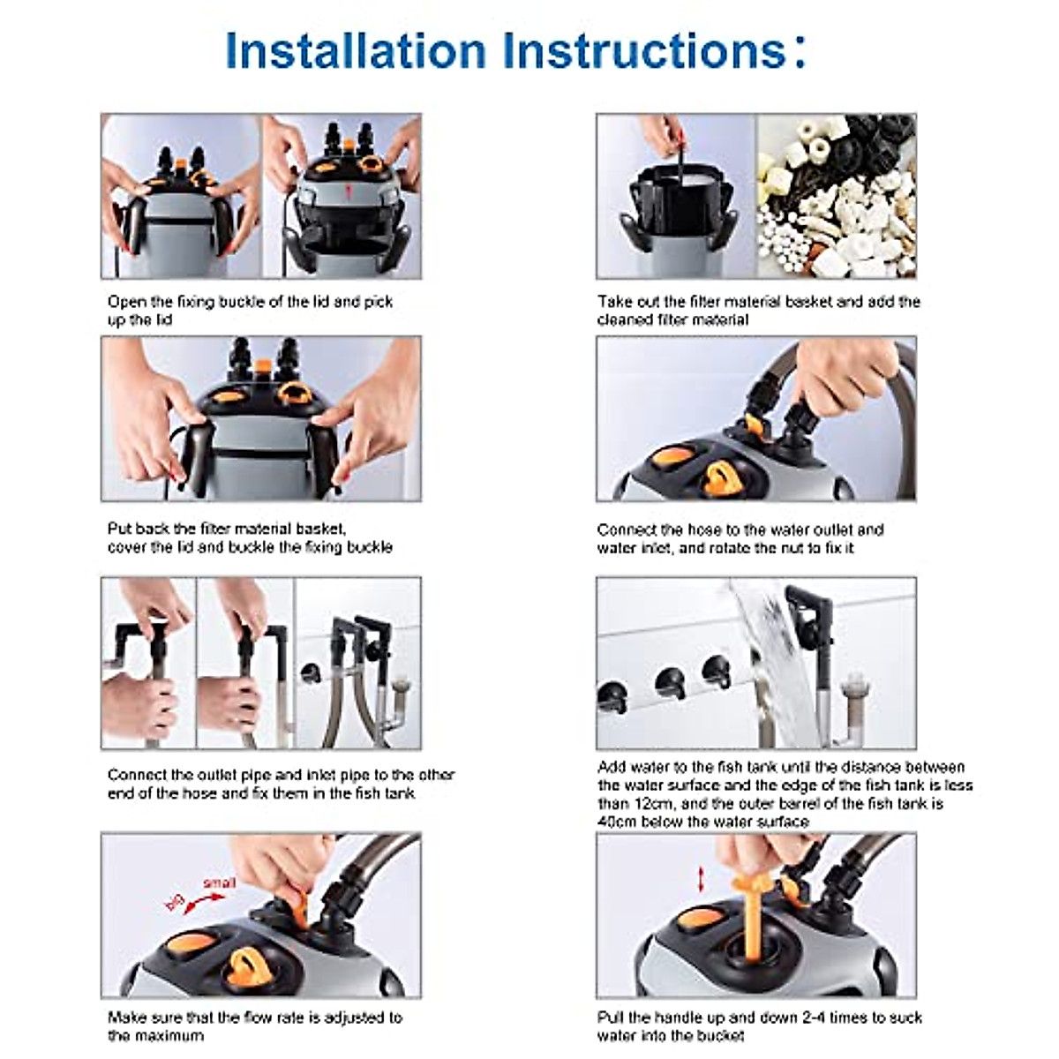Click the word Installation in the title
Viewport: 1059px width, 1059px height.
(356, 50)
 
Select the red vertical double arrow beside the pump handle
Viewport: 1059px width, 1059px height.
(701, 879)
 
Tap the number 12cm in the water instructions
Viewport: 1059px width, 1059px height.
(655, 803)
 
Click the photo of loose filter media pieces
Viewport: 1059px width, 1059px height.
(836, 196)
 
